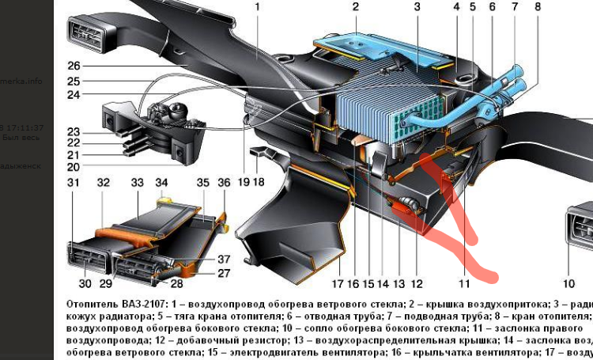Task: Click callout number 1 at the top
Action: point(258,9)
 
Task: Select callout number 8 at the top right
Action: point(538,9)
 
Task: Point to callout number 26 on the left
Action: point(74,66)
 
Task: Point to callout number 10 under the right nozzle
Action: point(568,283)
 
